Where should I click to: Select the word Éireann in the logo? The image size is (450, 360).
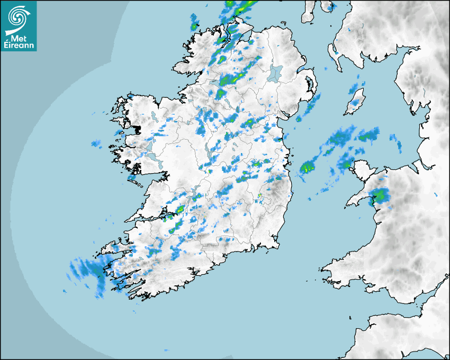pos(19,46)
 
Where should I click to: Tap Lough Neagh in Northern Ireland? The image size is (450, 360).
pos(276,73)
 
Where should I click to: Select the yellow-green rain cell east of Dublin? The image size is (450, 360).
pos(307,168)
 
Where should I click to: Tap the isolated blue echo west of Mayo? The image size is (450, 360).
pos(96,143)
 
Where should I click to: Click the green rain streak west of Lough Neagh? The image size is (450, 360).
pos(232,79)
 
